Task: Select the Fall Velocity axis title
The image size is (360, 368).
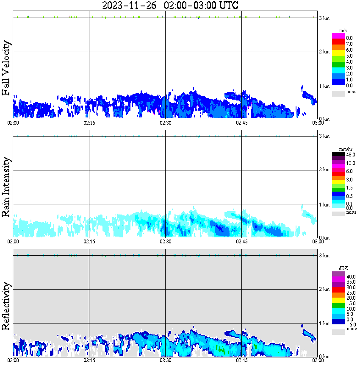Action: [7, 69]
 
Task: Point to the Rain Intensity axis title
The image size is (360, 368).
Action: [7, 187]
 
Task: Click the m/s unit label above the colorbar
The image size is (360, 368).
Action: [343, 31]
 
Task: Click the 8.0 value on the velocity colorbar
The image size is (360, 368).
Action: [349, 38]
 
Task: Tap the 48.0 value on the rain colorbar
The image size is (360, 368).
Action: [350, 155]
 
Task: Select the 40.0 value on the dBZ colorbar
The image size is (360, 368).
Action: [351, 276]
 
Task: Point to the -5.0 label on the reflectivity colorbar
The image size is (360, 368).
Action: [351, 324]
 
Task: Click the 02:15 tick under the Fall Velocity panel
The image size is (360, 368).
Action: [89, 123]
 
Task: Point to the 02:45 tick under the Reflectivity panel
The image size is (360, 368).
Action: [241, 360]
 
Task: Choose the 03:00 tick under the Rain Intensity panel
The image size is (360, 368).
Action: [318, 241]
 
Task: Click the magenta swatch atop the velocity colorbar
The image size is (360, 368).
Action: [338, 36]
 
